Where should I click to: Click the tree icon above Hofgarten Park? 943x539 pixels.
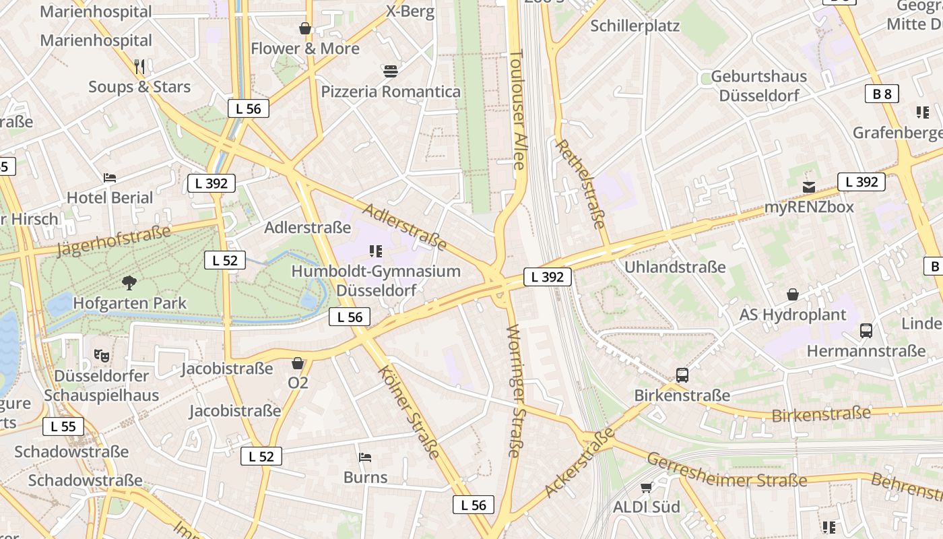point(129,282)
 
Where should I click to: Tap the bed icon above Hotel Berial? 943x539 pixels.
point(110,178)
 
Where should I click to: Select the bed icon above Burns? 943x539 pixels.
point(365,457)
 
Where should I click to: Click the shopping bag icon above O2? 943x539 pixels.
point(298,363)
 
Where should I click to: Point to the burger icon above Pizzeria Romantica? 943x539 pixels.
point(391,71)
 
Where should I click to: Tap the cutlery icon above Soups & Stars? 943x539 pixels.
point(139,66)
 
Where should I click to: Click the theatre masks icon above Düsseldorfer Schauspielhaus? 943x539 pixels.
point(102,355)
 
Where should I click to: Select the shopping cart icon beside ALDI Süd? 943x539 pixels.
point(647,486)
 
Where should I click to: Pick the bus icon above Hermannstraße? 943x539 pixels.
point(866,331)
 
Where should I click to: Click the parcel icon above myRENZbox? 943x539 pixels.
point(809,187)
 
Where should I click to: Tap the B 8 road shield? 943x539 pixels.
point(882,94)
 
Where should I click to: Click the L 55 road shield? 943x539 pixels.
point(63,426)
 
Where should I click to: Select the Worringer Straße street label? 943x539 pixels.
point(515,391)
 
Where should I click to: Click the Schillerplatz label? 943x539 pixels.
point(635,26)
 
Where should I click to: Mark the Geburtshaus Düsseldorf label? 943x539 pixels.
point(759,86)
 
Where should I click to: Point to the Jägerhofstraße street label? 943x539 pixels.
point(114,241)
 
